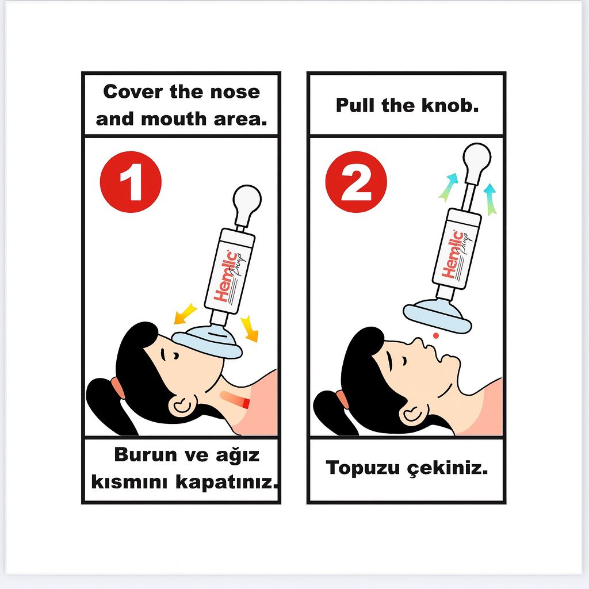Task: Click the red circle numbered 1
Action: click(x=131, y=182)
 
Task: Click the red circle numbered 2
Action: click(x=356, y=182)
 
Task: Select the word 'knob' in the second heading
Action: click(x=449, y=105)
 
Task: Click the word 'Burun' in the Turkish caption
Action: click(x=146, y=454)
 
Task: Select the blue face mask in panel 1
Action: click(x=208, y=344)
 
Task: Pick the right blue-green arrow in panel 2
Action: click(x=490, y=198)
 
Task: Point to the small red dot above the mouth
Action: click(x=436, y=335)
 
